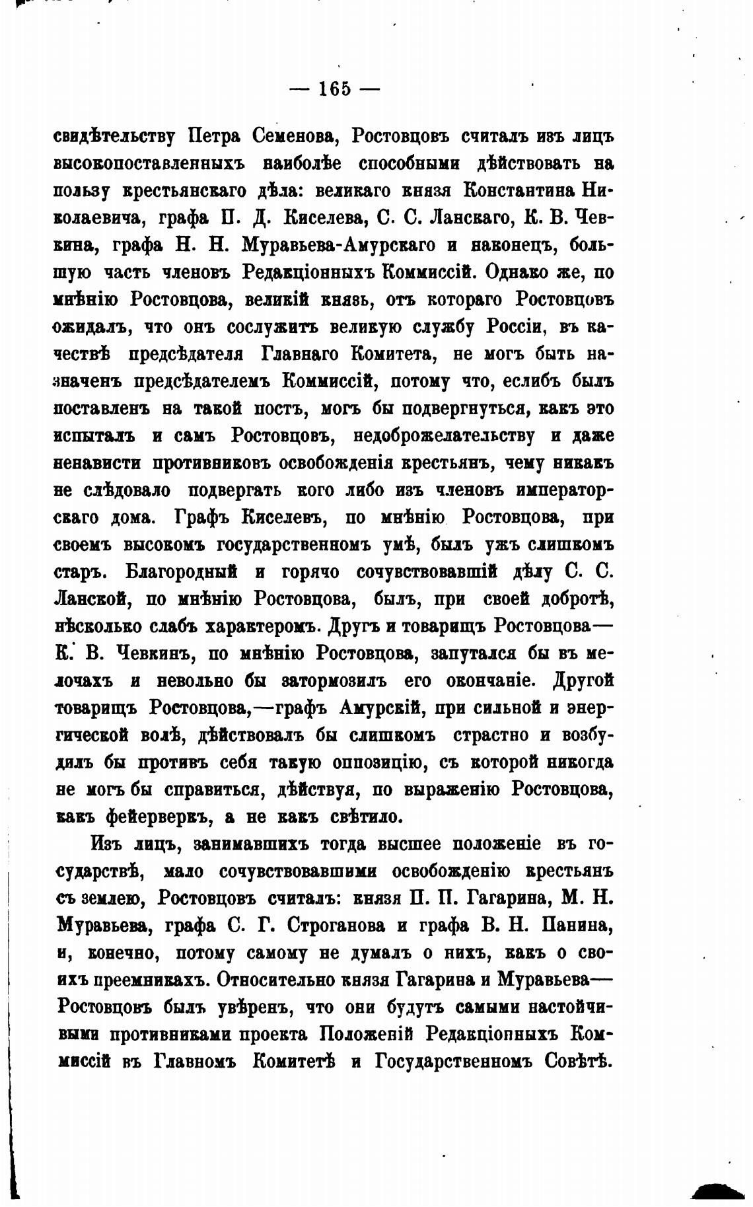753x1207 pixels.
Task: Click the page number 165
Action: click(334, 89)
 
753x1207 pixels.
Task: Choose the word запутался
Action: click(472, 653)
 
